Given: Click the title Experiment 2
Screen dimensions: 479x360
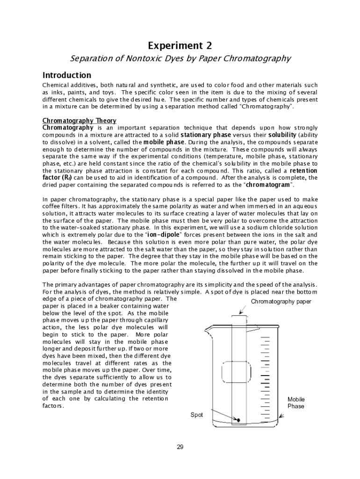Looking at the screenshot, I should tap(180, 45).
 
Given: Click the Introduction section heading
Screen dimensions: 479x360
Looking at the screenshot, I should tap(67, 75).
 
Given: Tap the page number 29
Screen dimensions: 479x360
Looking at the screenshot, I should tap(180, 447).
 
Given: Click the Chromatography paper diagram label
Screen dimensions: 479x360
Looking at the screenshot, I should tap(281, 302).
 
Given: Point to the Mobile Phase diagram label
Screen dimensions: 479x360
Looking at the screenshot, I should tap(295, 403).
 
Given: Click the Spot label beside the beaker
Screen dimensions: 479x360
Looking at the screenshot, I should tap(196, 415).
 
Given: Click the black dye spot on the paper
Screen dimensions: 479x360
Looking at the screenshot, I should tap(238, 420).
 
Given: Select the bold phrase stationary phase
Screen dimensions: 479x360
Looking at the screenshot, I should tap(205, 135).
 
